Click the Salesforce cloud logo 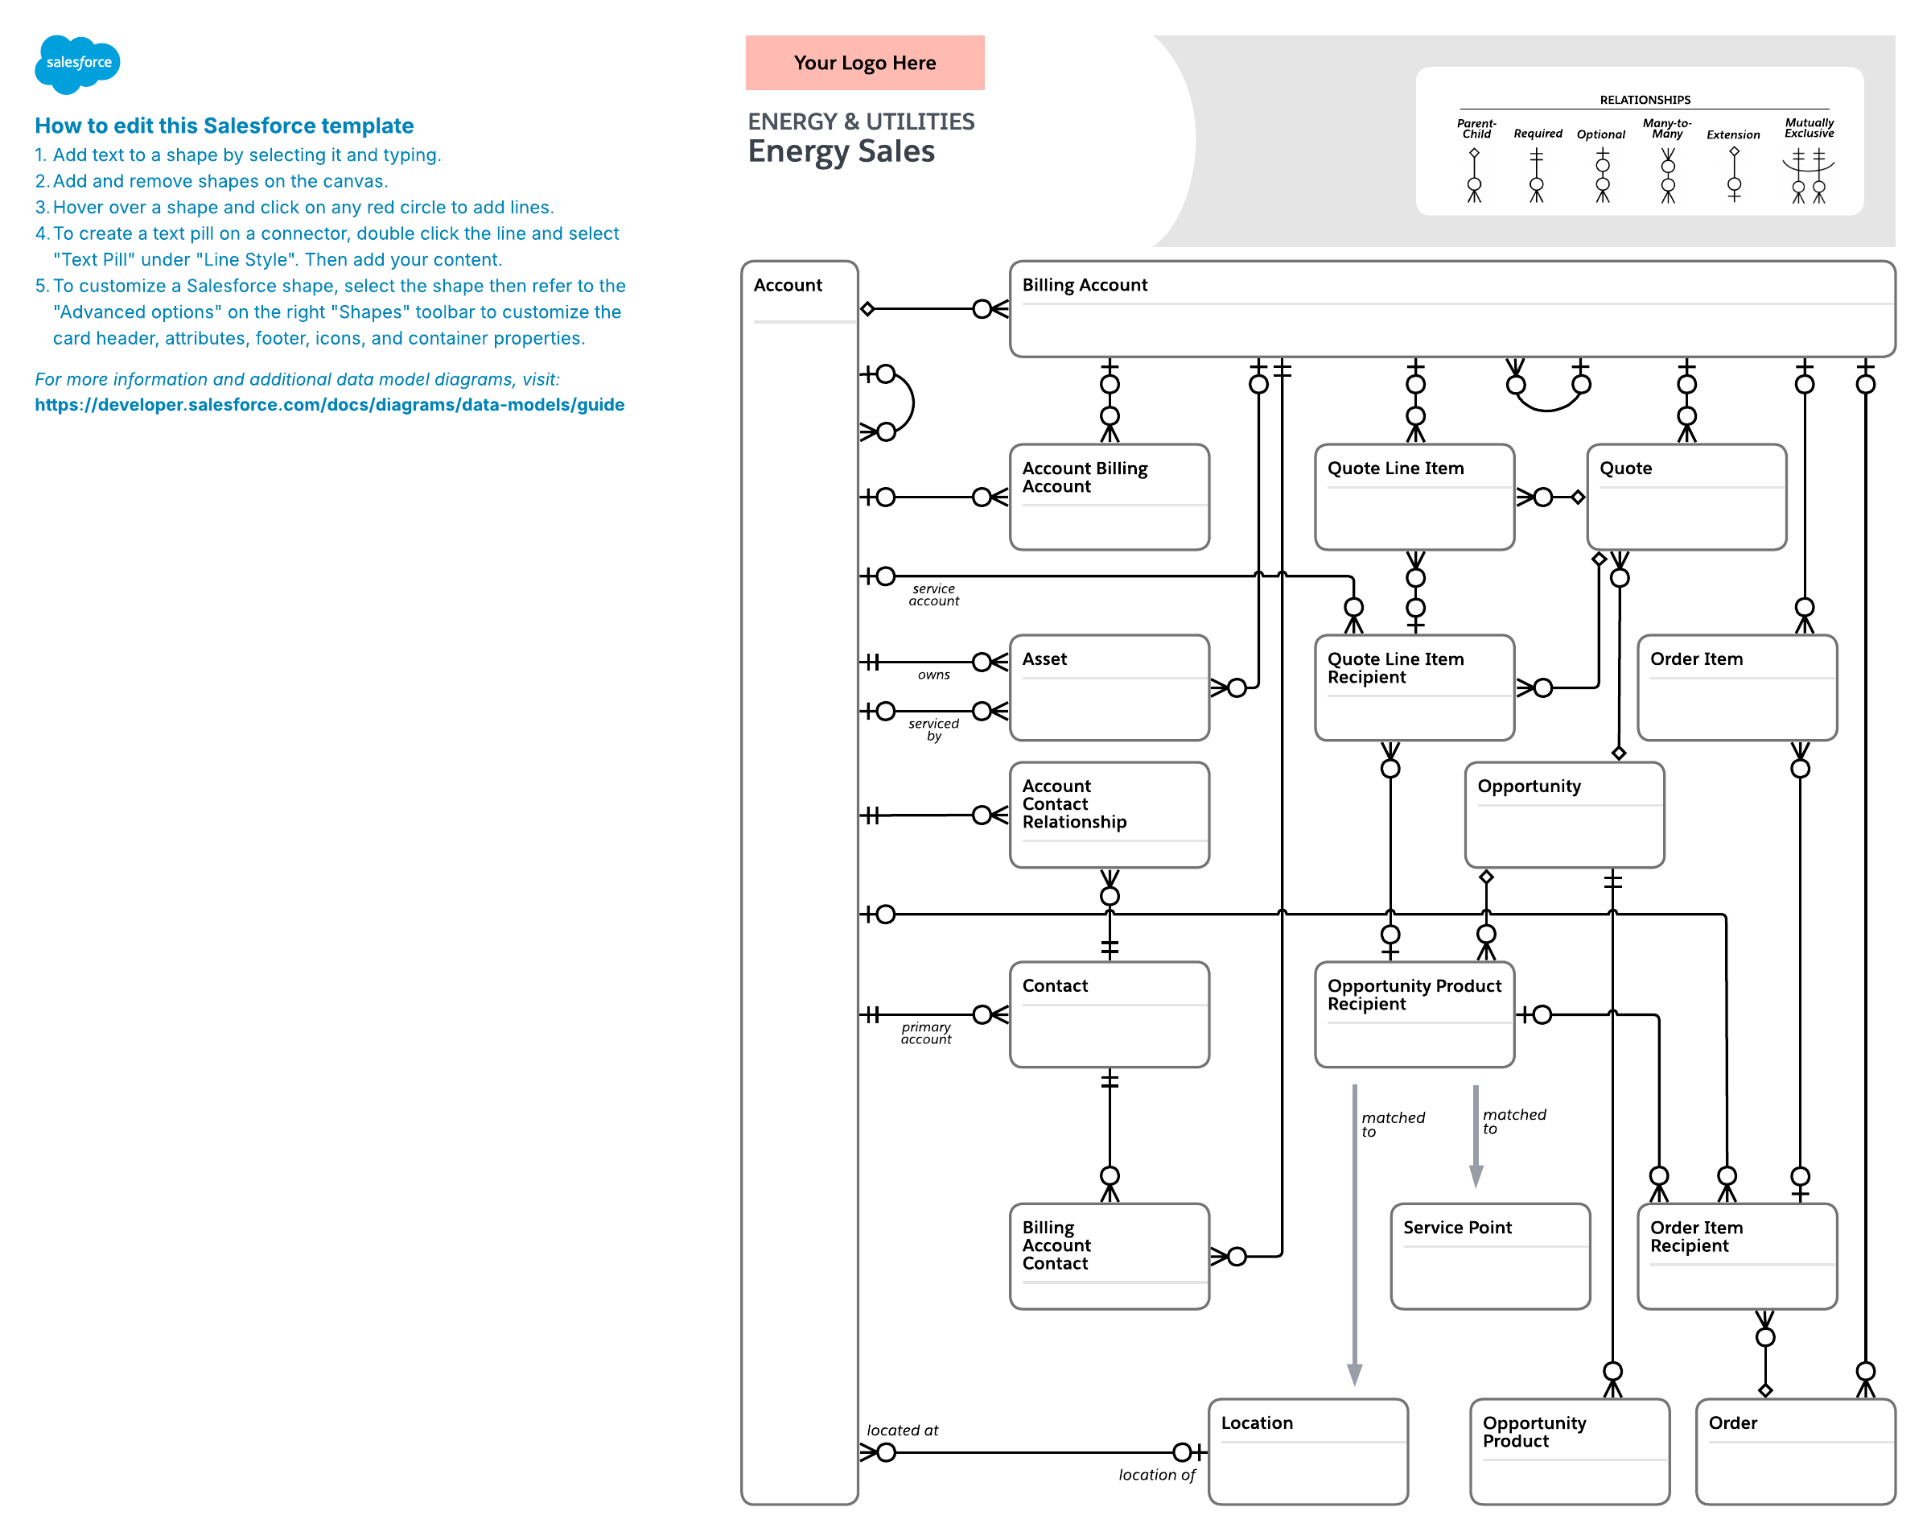(77, 64)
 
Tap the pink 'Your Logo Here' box (864, 63)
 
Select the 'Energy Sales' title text (841, 151)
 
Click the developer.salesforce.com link (330, 404)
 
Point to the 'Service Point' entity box (1489, 1255)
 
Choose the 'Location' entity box (1307, 1451)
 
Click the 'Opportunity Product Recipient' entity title (1414, 994)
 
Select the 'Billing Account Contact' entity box (1109, 1255)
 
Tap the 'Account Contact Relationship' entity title (1074, 803)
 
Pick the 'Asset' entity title (1044, 659)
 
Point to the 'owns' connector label (933, 675)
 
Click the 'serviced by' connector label (933, 729)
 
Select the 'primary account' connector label (926, 1033)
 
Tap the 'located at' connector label (902, 1430)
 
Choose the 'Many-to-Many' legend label (1666, 128)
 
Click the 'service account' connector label (933, 595)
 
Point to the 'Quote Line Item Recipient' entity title (1394, 667)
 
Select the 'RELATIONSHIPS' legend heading (1645, 100)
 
